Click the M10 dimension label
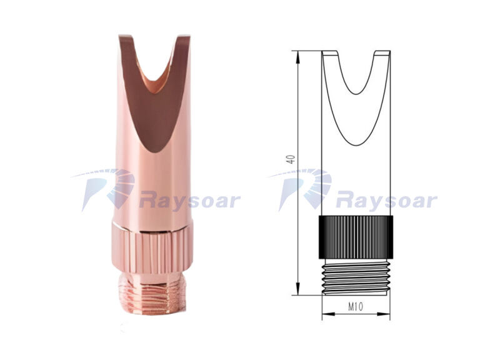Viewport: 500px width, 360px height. [355, 306]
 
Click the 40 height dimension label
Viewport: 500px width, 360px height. [290, 159]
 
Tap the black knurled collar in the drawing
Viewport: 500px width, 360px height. [356, 237]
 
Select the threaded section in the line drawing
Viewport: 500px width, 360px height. [356, 277]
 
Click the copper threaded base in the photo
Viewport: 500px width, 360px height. [152, 293]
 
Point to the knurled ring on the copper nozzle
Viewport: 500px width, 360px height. [152, 249]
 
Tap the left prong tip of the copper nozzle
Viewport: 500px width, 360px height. [124, 36]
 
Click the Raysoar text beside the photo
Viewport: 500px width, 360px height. [190, 200]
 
